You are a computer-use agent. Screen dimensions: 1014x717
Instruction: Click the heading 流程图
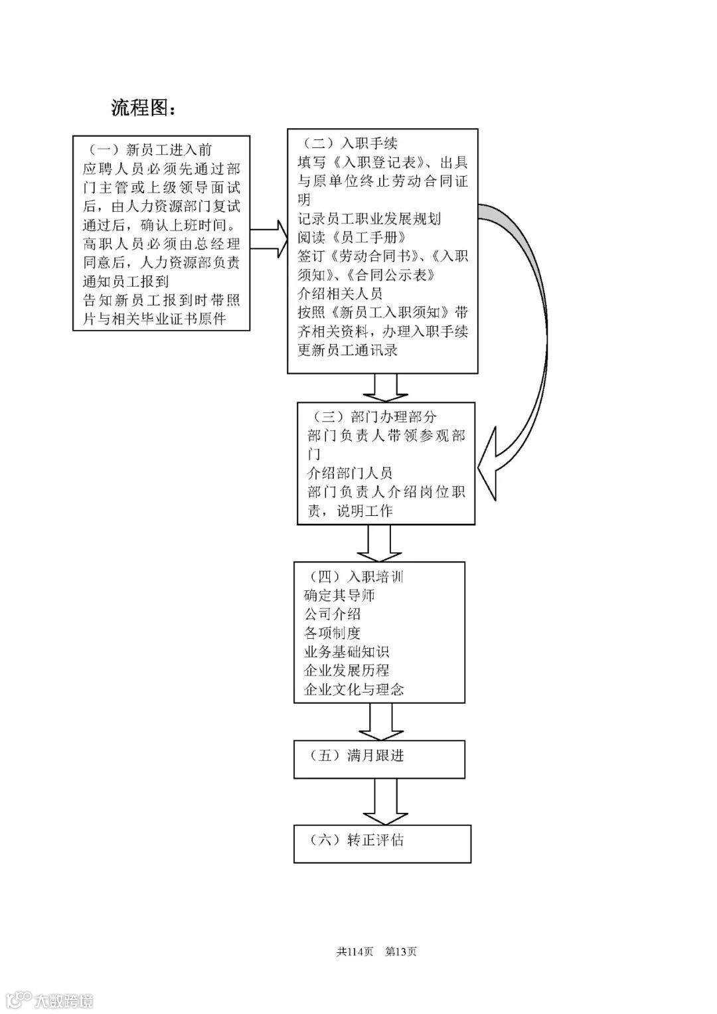point(143,108)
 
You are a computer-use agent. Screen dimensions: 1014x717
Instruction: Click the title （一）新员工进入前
point(150,150)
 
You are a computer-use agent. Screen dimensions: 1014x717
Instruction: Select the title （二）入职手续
point(349,143)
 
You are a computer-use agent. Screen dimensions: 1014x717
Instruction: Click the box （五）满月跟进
point(379,759)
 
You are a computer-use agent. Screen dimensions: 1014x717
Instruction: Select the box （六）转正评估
point(382,843)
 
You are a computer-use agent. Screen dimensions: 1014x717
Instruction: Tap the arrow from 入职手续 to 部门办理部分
point(386,388)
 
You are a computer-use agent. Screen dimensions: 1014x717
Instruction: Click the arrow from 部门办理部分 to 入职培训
point(379,543)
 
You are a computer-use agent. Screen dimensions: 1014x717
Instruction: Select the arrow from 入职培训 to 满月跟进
point(380,722)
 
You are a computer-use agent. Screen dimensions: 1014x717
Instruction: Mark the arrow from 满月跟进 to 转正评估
point(384,802)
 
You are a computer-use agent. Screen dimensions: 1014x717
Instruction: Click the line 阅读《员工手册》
point(352,237)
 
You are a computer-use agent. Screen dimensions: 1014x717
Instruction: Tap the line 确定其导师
point(339,596)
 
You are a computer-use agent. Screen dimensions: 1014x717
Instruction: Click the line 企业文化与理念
point(354,689)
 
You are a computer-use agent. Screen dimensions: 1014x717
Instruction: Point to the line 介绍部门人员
point(350,473)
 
